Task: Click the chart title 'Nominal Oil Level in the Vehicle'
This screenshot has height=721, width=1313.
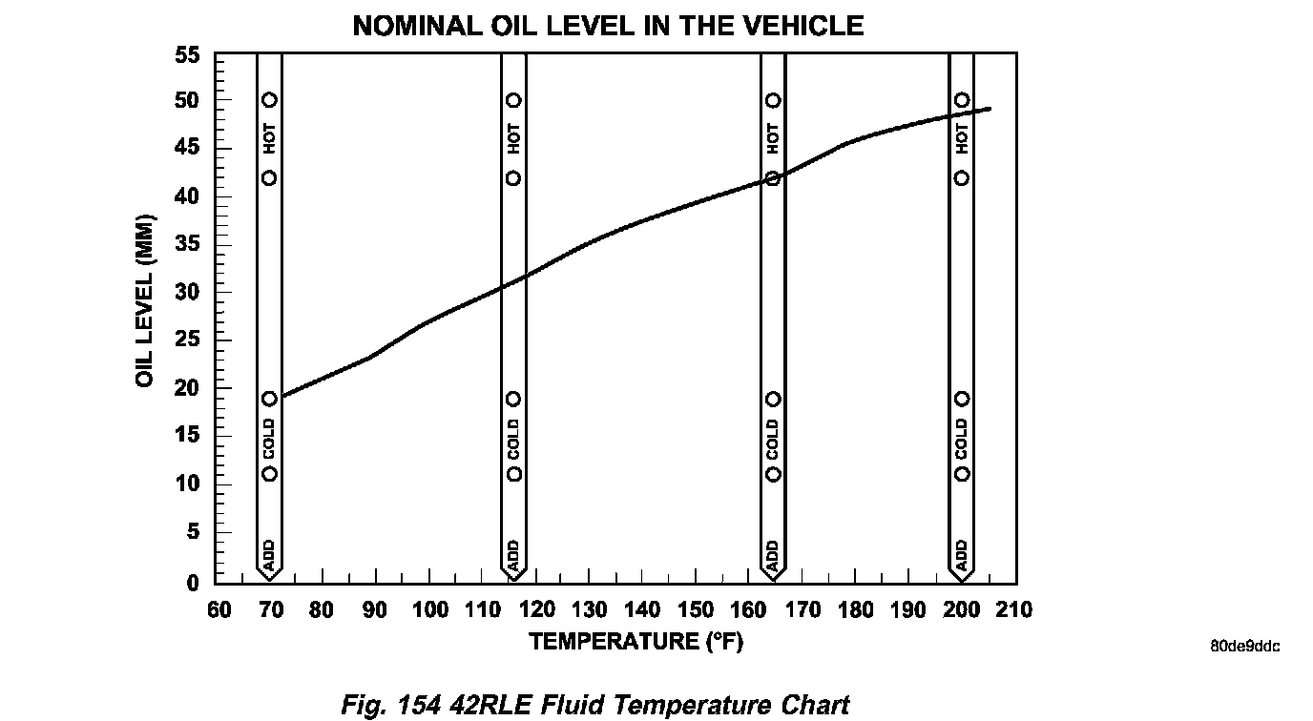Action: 608,26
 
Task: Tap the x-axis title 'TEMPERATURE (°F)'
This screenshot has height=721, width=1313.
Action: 636,642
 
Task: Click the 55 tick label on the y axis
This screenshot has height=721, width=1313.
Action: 187,55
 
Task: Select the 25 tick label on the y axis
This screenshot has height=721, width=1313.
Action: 187,340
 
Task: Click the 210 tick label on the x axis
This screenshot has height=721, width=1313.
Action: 1013,610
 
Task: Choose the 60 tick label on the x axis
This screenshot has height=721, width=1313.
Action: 219,610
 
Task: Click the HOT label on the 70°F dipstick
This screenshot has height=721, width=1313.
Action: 269,139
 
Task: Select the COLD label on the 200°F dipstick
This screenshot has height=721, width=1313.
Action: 962,437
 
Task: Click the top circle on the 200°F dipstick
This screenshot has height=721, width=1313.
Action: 962,100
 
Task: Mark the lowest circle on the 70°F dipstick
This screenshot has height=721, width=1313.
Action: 269,474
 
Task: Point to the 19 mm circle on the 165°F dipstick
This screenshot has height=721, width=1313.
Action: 773,399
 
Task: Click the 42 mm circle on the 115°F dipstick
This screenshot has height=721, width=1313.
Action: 513,178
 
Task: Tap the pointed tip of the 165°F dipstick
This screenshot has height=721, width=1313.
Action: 773,578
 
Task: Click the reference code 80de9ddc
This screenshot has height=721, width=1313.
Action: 1244,647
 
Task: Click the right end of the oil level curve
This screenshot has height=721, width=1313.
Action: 990,109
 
